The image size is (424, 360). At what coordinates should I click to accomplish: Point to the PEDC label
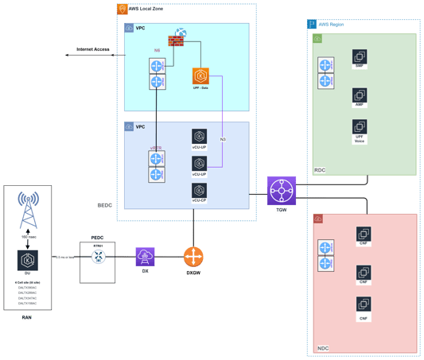pyautogui.click(x=98, y=237)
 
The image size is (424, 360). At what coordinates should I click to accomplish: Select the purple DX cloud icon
pyautogui.click(x=145, y=256)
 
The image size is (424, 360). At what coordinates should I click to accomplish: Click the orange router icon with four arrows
pyautogui.click(x=193, y=257)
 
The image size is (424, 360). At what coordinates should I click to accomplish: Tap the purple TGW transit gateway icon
pyautogui.click(x=282, y=191)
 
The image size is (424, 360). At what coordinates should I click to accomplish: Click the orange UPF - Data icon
pyautogui.click(x=200, y=76)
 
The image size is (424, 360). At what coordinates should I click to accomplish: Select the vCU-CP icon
pyautogui.click(x=199, y=191)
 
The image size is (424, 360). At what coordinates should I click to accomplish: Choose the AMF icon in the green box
pyautogui.click(x=359, y=96)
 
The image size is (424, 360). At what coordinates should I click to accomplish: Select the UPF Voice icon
pyautogui.click(x=359, y=128)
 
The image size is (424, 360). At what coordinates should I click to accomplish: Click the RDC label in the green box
pyautogui.click(x=321, y=169)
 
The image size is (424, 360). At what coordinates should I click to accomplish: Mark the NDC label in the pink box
pyautogui.click(x=322, y=347)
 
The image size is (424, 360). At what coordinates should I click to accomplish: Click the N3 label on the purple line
pyautogui.click(x=224, y=139)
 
